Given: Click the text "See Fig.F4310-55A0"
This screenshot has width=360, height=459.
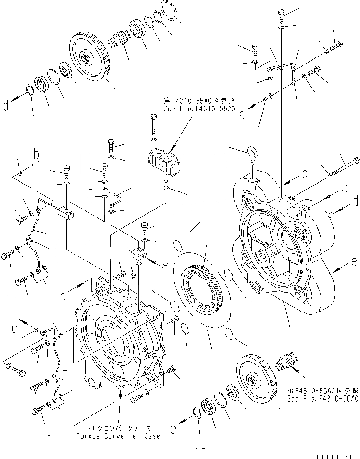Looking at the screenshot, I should pyautogui.click(x=199, y=109).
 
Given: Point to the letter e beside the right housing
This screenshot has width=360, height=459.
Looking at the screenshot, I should pyautogui.click(x=354, y=263).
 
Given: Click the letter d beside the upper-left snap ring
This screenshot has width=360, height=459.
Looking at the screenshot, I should pyautogui.click(x=6, y=107).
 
